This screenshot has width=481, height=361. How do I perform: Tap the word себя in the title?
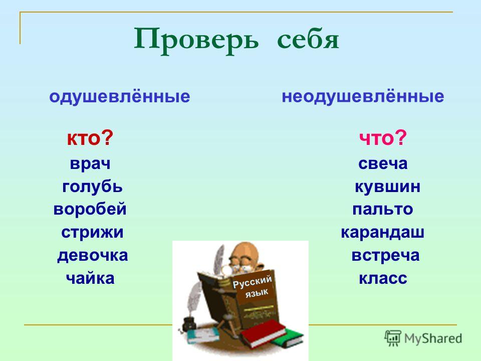308,40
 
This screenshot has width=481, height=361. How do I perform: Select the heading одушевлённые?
120,97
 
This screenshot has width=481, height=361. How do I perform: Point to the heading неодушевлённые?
363,97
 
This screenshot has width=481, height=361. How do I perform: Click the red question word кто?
90,138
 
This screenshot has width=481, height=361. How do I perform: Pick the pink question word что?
383,138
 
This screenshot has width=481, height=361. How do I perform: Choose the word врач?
90,164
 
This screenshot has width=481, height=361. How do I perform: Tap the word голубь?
92,187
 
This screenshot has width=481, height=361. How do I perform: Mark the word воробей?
90,209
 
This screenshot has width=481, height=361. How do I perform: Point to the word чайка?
90,278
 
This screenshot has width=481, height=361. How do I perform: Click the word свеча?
383,163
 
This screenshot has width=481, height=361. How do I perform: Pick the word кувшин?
388,187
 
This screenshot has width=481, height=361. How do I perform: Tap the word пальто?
382,210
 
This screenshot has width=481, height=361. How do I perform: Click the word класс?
383,279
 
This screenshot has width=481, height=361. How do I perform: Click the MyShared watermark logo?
423,338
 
